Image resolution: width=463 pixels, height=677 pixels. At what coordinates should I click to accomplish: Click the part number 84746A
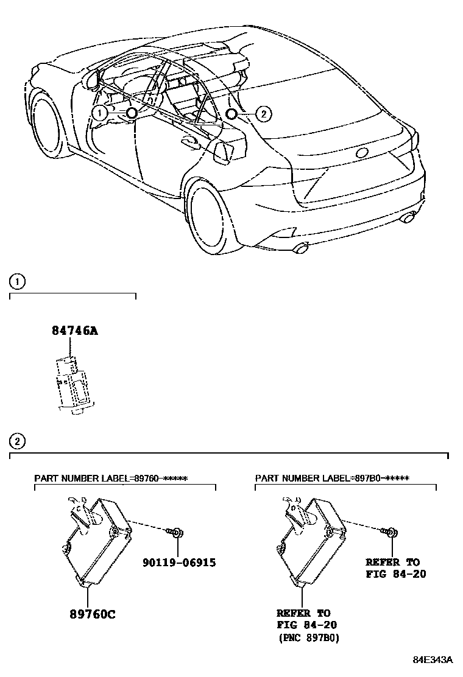tap(74, 331)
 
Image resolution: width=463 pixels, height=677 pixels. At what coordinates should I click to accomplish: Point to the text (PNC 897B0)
tap(308, 639)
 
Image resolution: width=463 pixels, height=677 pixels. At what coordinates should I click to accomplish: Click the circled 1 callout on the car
tap(98, 113)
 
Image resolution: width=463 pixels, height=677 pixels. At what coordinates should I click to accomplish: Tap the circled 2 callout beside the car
tap(263, 113)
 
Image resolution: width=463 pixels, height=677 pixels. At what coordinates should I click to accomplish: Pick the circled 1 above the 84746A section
tap(18, 281)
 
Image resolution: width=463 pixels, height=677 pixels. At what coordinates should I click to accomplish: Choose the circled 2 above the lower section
tap(18, 441)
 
